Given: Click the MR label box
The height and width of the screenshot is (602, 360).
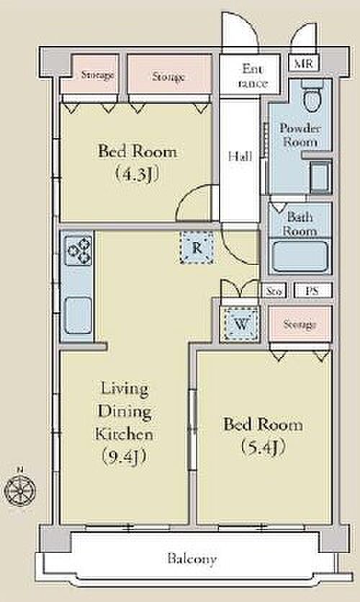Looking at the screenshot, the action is pos(303,63).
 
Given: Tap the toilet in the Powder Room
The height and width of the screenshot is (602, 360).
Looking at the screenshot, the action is pos(312,96).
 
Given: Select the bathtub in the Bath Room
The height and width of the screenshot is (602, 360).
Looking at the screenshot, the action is pos(300,256).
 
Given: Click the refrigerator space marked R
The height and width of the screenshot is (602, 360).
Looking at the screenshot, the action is pos(197,248).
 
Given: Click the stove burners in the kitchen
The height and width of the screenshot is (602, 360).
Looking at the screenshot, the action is pos(78,251).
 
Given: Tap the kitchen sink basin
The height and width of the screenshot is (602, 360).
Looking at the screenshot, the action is pos(78,315).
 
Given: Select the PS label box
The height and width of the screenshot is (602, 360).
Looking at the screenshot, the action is pos(312,291).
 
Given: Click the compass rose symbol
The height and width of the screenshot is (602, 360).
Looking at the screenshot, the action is pos(20,490).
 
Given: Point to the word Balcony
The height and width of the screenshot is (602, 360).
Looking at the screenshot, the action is pos(192,559).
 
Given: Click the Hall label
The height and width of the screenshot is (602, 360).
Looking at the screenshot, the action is pos(240,157).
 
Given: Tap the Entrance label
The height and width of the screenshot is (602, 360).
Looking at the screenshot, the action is pos(252,76).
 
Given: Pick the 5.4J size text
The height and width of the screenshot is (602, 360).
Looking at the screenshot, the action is pos(263,448).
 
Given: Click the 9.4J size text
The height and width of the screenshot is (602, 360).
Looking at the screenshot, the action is pos(125,457).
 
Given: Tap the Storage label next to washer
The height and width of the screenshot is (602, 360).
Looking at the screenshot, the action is pos(300,325).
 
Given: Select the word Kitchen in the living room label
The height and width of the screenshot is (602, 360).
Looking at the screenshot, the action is pos(124,433).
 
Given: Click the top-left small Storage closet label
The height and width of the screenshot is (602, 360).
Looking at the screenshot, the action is pos(97,75).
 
